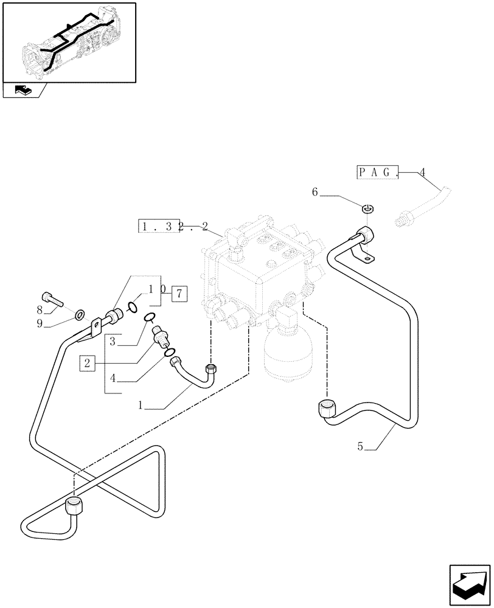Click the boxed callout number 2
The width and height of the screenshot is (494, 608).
point(88,364)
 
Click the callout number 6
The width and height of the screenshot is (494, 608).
point(315,192)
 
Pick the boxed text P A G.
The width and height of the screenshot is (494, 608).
point(377,172)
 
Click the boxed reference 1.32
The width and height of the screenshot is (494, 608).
point(158,228)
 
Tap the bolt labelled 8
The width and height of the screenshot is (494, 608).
point(55,298)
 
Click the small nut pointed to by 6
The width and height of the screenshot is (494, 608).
point(367,210)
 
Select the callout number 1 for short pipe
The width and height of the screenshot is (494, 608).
point(141,403)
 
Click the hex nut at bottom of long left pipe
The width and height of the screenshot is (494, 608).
point(73,506)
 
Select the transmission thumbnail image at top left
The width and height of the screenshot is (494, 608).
point(69,43)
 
